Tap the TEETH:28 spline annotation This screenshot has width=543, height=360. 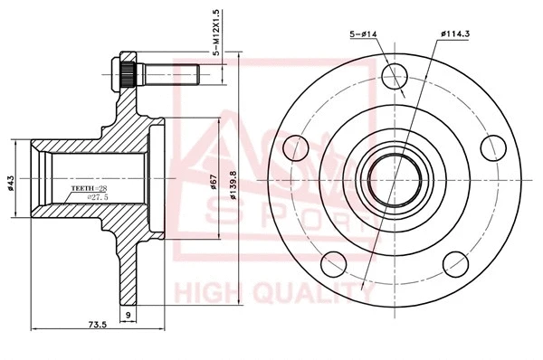pos(89,188)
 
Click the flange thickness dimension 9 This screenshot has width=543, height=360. pos(129,315)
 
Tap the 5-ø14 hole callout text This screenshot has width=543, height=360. pos(364,34)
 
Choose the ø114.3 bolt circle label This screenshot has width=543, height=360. pos(452,34)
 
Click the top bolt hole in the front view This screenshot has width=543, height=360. pos(395,78)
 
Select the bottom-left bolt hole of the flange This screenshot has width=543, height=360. pos(331,262)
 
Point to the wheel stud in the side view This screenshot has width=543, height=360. pos(163,73)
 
